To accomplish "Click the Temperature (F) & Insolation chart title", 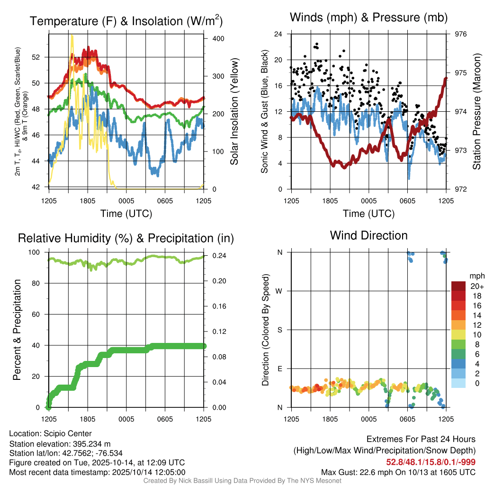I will coord(126,21).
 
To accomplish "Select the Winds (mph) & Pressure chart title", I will coord(368,18).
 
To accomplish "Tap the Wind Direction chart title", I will coord(368,235).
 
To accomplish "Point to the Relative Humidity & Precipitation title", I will coord(126,238).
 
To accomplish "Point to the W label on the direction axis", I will coord(280,291).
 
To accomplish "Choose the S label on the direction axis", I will coord(280,330).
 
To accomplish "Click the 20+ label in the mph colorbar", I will coord(476,287).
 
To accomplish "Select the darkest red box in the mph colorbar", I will coord(459,286).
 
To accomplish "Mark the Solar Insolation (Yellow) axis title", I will coord(234,111).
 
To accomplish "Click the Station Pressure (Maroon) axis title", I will coord(476,111).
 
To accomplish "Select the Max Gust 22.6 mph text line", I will coord(398,472).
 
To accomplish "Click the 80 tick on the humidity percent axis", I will coord(39,283).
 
